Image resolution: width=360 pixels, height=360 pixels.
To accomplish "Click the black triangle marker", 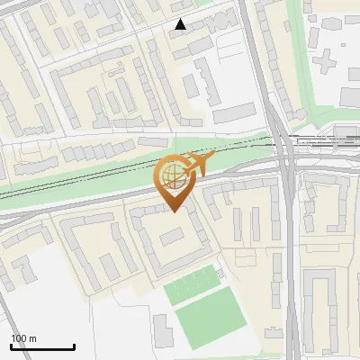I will pyautogui.click(x=181, y=25).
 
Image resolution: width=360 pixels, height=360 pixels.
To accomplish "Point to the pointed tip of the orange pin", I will pyautogui.click(x=172, y=211).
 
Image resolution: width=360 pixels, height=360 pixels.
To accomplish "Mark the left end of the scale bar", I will pyautogui.click(x=11, y=347).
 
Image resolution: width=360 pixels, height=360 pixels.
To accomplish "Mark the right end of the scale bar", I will pyautogui.click(x=74, y=347).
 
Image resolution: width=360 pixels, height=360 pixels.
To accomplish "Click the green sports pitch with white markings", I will pyautogui.click(x=191, y=285).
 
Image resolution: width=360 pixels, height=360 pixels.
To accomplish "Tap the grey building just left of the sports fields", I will pyautogui.click(x=162, y=330).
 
